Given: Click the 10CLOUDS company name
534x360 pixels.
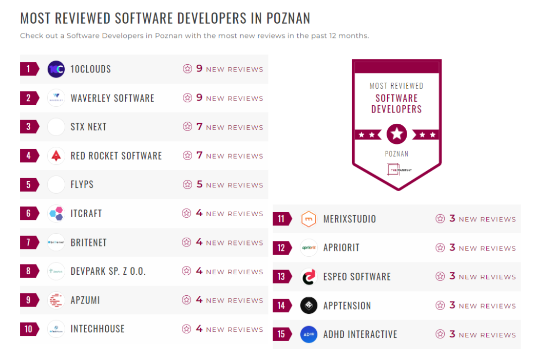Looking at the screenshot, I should (90, 69).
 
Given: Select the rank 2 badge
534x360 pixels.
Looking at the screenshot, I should (29, 98).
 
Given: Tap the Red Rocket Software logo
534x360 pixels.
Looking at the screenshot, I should (56, 156).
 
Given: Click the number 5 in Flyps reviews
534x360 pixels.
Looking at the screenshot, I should (200, 184).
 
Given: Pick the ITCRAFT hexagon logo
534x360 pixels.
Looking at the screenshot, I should (56, 214).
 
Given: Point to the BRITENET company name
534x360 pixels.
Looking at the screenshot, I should (88, 242).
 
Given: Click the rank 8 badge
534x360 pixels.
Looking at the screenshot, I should (29, 271).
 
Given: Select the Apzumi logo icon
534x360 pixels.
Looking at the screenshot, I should (56, 300).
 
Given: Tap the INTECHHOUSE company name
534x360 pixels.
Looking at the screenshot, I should (97, 329).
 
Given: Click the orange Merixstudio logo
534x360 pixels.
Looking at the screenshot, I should (309, 219).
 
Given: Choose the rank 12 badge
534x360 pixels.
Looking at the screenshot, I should (281, 248).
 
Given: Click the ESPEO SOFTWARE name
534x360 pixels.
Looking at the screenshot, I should (357, 277).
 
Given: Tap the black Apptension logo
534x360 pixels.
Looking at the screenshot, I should (309, 306).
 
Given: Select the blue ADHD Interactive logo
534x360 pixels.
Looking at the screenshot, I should (309, 334).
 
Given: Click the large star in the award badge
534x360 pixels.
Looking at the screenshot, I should (396, 135).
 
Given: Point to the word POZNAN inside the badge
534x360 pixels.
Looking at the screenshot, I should (396, 154).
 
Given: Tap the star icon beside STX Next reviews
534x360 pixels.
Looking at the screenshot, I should (187, 127).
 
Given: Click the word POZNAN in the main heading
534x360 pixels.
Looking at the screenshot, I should (288, 18).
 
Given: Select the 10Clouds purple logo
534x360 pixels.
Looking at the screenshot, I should (56, 69).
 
